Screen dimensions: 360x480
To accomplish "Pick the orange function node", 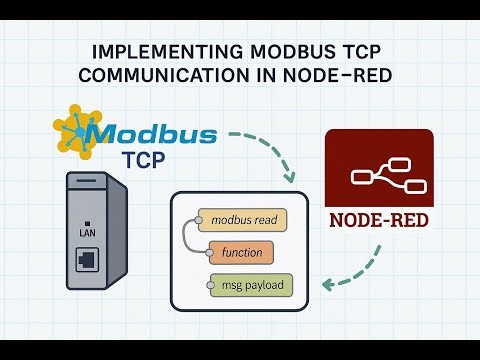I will click(242, 252).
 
